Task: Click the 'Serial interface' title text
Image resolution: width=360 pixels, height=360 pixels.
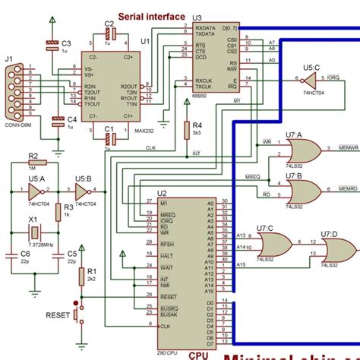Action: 153,16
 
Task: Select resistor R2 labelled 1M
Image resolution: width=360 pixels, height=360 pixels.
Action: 34,162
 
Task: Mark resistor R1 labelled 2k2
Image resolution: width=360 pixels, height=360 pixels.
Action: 83,278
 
